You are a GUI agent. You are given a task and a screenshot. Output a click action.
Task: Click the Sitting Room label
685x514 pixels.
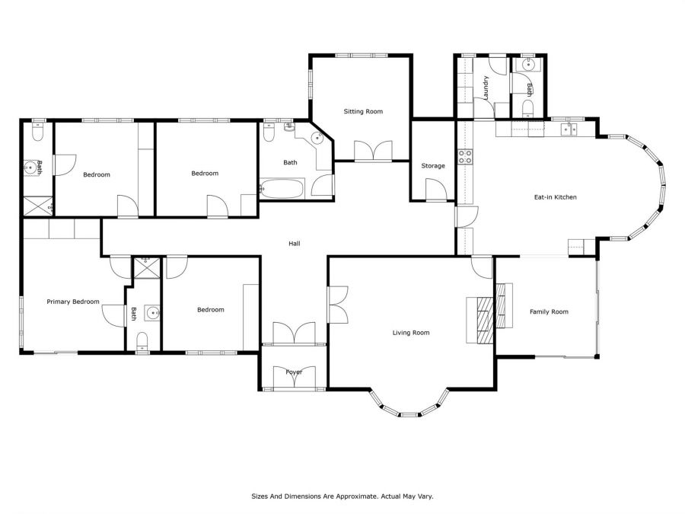(363, 111)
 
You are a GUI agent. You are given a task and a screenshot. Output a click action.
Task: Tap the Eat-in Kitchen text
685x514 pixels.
(556, 197)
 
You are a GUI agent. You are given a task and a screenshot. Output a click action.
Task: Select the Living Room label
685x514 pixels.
(411, 333)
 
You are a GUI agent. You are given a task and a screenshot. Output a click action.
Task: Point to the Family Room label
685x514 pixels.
(549, 311)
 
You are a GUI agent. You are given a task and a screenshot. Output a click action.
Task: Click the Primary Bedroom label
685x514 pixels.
(73, 302)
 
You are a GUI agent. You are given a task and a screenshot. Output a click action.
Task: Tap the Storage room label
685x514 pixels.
(433, 166)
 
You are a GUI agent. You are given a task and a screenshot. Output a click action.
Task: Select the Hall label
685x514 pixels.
(295, 244)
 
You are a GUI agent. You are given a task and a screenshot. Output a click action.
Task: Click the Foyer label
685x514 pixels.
(294, 372)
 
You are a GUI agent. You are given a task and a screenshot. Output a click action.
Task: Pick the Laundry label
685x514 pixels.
(486, 88)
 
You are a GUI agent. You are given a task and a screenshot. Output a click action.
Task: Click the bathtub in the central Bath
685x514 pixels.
(282, 188)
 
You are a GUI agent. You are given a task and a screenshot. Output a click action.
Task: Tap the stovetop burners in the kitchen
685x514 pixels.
(465, 157)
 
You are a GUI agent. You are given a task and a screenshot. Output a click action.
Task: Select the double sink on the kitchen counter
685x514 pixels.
(569, 129)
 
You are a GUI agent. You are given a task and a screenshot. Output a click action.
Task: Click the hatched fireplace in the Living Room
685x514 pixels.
(486, 321)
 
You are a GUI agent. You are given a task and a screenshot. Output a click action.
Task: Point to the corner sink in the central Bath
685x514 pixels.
(317, 138)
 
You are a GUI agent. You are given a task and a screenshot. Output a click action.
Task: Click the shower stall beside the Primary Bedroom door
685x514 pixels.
(146, 267)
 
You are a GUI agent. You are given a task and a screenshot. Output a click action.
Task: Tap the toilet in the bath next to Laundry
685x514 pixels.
(527, 108)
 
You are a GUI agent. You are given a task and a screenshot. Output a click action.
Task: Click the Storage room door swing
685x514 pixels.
(436, 190)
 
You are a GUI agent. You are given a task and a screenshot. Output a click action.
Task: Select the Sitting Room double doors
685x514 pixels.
(373, 151)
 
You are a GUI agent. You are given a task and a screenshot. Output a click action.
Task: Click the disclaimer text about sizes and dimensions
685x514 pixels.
(342, 496)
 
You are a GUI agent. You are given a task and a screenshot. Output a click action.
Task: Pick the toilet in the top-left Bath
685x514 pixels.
(38, 131)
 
